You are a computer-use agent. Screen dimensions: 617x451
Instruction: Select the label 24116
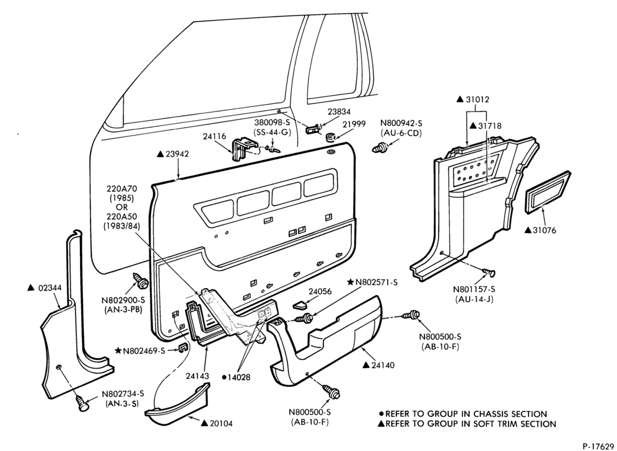click(x=214, y=136)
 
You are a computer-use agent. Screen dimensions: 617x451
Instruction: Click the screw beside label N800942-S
click(x=380, y=149)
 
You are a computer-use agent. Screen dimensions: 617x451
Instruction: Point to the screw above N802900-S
click(x=141, y=279)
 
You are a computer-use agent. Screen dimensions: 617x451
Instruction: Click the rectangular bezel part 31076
click(x=548, y=192)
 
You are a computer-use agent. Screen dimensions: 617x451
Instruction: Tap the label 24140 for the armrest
click(x=378, y=365)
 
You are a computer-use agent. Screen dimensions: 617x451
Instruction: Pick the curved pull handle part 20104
click(x=177, y=407)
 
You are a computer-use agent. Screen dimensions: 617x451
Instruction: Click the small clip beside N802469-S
click(x=183, y=348)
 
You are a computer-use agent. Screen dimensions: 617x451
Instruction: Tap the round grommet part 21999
click(x=331, y=138)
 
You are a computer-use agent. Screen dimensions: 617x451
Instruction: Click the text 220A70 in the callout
click(x=120, y=189)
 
